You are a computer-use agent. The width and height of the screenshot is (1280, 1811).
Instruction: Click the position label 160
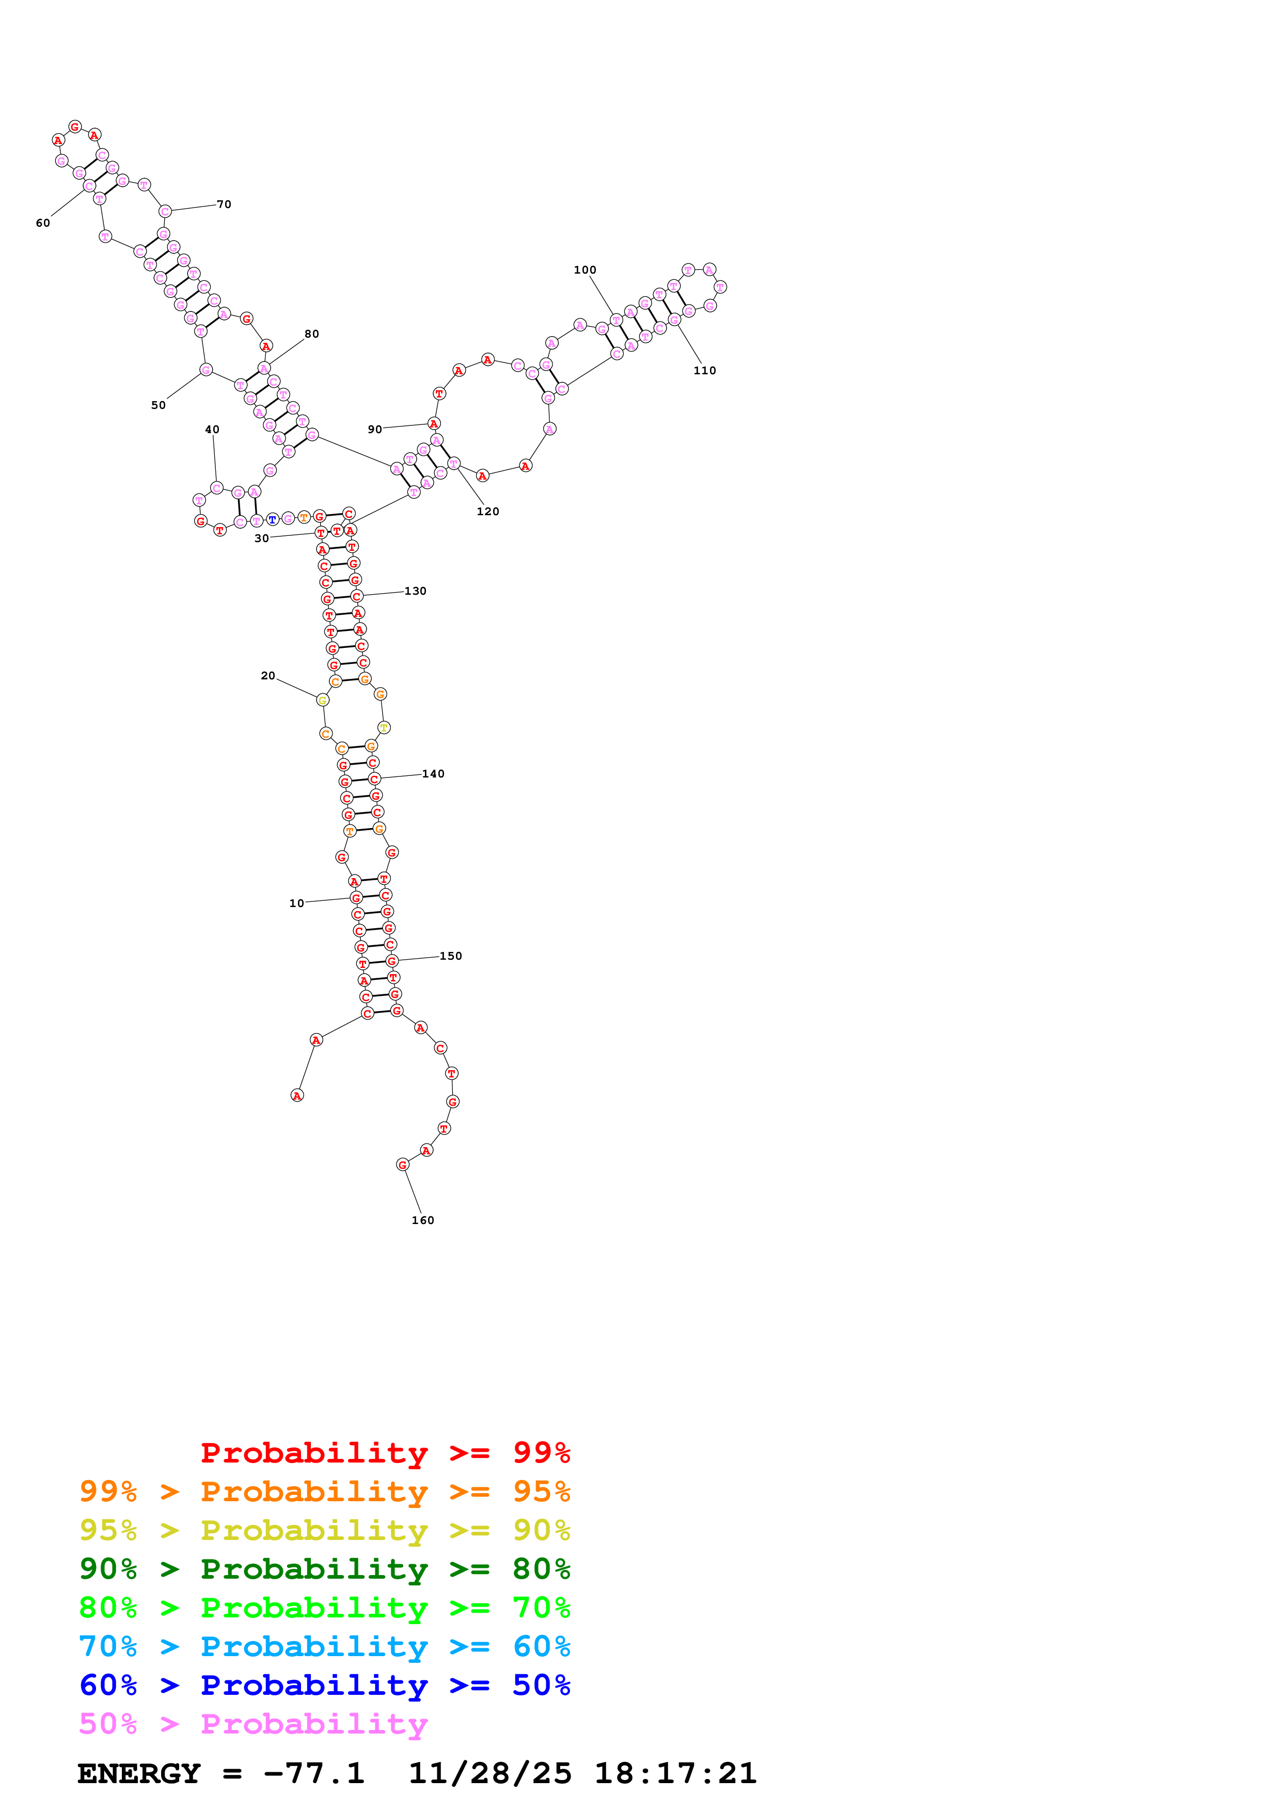[423, 1220]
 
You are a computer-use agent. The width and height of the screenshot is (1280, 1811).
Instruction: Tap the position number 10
[296, 903]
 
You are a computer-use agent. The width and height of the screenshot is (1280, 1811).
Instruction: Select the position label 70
[224, 204]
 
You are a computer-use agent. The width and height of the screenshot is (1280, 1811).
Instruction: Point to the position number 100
[584, 270]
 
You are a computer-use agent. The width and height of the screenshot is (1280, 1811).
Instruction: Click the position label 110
[704, 371]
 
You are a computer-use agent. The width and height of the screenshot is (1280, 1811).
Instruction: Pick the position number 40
[212, 430]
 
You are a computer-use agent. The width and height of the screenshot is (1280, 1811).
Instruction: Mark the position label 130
[415, 591]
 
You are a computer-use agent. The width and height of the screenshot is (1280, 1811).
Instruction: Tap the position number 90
[375, 429]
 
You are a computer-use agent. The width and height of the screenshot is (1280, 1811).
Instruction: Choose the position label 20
[268, 676]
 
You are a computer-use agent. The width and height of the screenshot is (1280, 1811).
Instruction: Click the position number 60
[42, 223]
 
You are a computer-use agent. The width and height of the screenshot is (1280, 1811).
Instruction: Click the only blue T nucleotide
[272, 520]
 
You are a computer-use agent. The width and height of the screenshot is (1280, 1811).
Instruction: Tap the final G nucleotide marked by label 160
[402, 1164]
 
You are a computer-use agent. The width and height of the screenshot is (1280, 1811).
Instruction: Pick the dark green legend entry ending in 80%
[324, 1569]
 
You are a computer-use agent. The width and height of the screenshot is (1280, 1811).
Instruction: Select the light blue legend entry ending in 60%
[324, 1646]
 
